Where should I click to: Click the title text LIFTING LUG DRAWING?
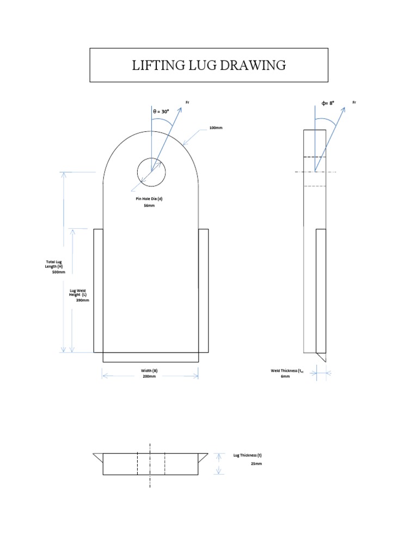208,65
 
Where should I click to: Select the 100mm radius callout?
216,128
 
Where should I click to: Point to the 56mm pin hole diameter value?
149,205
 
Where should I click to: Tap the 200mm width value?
149,377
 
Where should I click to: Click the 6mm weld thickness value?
285,377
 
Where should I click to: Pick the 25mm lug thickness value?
256,463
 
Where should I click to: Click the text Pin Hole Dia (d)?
149,199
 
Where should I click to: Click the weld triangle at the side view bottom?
321,357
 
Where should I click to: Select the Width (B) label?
149,371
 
